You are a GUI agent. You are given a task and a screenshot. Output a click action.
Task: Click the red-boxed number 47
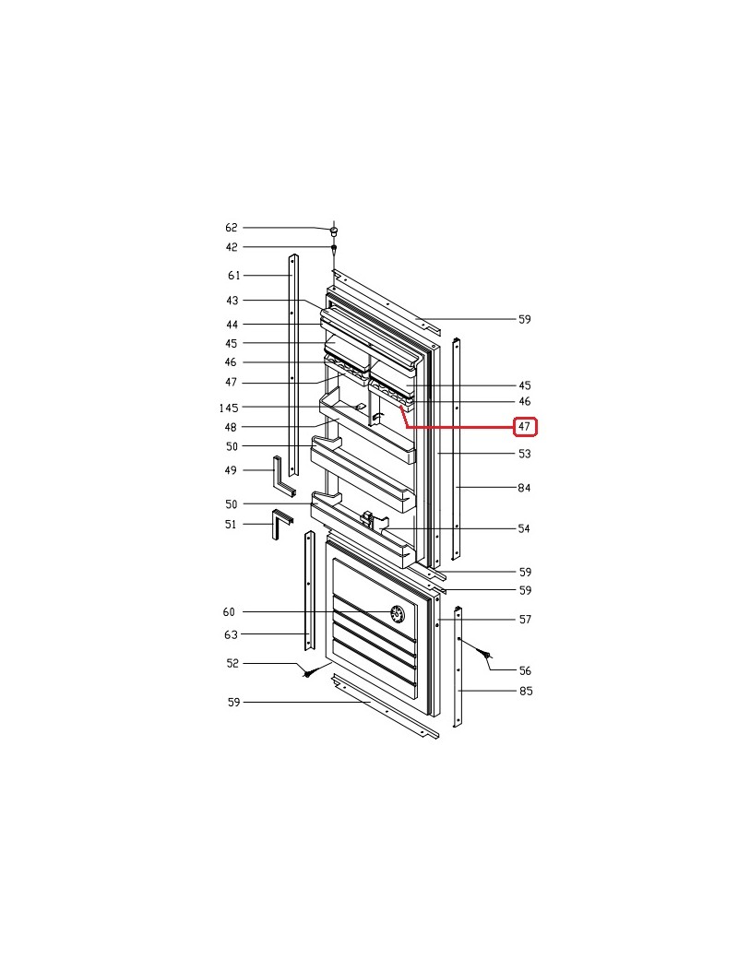pyautogui.click(x=524, y=426)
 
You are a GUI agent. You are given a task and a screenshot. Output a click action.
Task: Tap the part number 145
pyautogui.click(x=229, y=408)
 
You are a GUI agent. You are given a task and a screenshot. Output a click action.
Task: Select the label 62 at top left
pyautogui.click(x=232, y=228)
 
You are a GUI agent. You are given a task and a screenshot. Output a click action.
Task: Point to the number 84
pyautogui.click(x=524, y=488)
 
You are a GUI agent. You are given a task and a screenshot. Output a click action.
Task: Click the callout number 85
pyautogui.click(x=526, y=691)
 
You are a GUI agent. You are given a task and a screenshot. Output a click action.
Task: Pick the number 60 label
pyautogui.click(x=229, y=611)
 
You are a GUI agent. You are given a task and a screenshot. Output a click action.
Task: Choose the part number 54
pyautogui.click(x=524, y=528)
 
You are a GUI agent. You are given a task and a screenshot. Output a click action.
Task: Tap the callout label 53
pyautogui.click(x=524, y=454)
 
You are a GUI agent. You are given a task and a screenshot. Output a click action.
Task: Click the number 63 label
pyautogui.click(x=231, y=634)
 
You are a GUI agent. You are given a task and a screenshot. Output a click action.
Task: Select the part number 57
pyautogui.click(x=525, y=620)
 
